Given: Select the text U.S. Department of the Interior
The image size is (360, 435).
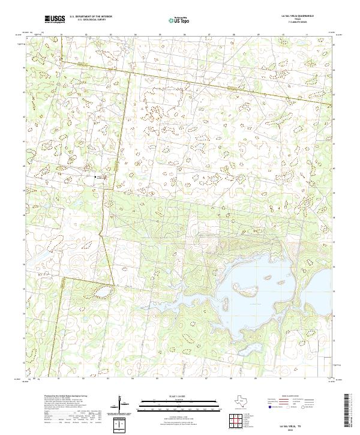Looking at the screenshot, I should click(90, 17).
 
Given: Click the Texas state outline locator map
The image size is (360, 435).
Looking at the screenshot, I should click(247, 401).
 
